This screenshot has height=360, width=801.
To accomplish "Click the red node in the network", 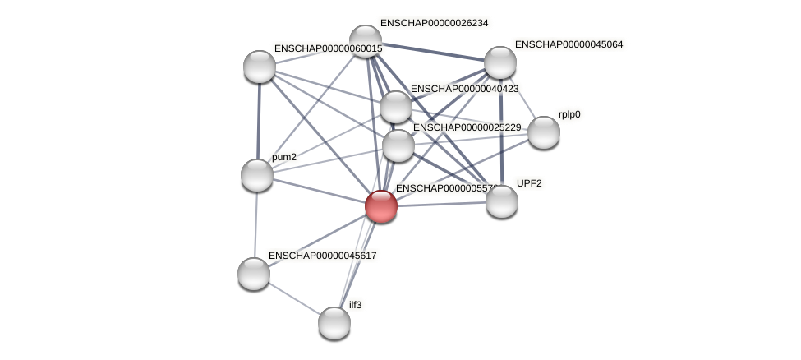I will pos(381,205).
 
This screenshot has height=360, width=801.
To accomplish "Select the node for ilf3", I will pos(334,322).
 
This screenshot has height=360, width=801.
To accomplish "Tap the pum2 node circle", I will pos(257,174).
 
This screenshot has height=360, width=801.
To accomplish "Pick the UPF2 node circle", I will pos(501,201).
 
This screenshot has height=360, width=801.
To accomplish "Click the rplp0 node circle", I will pos(543,132).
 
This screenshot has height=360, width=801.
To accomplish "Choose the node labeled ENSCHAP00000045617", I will pos(254,273).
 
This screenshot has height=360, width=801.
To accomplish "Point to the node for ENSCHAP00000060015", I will pos(260,67).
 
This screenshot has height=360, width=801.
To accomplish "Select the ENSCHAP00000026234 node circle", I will pos(366,41).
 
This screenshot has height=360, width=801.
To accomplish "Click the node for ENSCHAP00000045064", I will pos(499,62).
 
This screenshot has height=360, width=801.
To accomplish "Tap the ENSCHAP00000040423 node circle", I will pos(396,107).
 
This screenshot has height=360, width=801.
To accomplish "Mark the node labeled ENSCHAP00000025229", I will pos(398,145).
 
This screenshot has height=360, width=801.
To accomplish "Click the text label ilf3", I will pos(355,305).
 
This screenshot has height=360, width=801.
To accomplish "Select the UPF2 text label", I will pos(529,183).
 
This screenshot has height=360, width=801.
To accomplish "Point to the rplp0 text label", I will pos(569,115).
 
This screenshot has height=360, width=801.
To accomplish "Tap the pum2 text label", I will pos(284,157).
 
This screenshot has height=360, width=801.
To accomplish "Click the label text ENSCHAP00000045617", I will pos(322,256).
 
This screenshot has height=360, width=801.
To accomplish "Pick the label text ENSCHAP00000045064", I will pos(569,44).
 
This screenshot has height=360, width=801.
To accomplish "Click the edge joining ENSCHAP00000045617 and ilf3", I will pos(294,298).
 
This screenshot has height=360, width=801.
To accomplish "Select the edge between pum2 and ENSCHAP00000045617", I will pos(255,224).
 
